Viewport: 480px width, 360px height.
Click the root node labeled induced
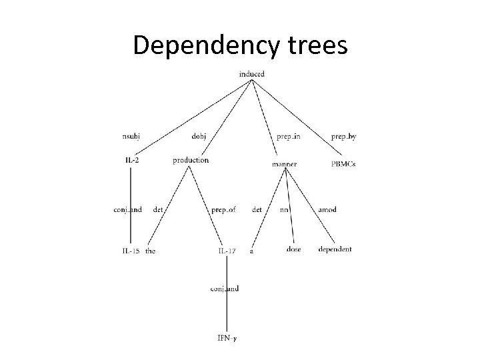[251, 73]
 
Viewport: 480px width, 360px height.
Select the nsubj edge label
[131, 137]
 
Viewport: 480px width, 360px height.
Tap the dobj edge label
[199, 137]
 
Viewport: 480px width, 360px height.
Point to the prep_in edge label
[284, 137]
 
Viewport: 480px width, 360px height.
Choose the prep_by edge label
[343, 137]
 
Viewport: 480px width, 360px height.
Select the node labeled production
[191, 160]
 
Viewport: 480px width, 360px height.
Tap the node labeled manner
[285, 163]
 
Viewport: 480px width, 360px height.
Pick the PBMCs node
[343, 163]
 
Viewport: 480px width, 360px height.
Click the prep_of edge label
[223, 209]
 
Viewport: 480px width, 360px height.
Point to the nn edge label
[283, 209]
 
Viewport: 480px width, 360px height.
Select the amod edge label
[327, 209]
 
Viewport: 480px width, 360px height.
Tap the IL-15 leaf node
[131, 250]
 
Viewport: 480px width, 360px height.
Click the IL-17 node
[227, 250]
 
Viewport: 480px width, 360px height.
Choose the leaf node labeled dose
[293, 249]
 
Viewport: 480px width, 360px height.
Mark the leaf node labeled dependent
[335, 249]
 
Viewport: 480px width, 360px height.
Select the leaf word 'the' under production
[150, 250]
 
